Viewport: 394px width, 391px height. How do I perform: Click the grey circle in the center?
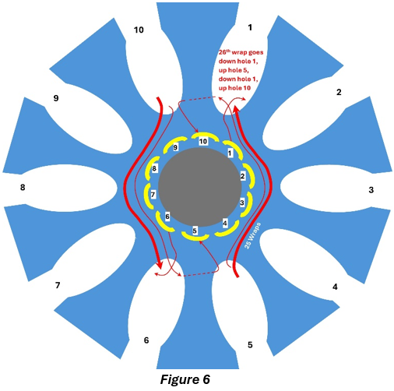click(x=200, y=187)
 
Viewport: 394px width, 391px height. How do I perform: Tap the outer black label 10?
click(x=139, y=30)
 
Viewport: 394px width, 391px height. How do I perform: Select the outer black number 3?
click(x=371, y=190)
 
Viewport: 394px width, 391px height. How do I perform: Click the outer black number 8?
click(x=23, y=187)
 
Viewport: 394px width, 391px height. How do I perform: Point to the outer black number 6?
click(x=146, y=340)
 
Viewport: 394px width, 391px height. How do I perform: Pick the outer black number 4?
click(x=335, y=287)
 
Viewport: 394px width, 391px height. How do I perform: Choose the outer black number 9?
click(x=56, y=98)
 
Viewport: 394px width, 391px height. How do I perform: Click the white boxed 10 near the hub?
click(x=203, y=142)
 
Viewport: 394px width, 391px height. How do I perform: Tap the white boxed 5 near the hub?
click(x=195, y=231)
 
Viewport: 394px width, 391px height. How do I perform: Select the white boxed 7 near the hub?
click(x=153, y=195)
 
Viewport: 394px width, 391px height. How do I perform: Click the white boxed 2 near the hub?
click(x=242, y=176)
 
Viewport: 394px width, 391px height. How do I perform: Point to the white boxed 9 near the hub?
click(x=175, y=147)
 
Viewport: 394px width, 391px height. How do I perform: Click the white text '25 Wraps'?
click(x=252, y=235)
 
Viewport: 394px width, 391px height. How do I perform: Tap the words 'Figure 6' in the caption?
click(x=185, y=379)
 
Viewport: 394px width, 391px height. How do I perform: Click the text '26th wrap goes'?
click(x=241, y=52)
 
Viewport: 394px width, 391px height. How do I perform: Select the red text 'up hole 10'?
click(x=234, y=88)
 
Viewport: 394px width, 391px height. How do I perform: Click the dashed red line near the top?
click(x=198, y=99)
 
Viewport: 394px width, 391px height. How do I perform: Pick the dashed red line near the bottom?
click(x=200, y=274)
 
